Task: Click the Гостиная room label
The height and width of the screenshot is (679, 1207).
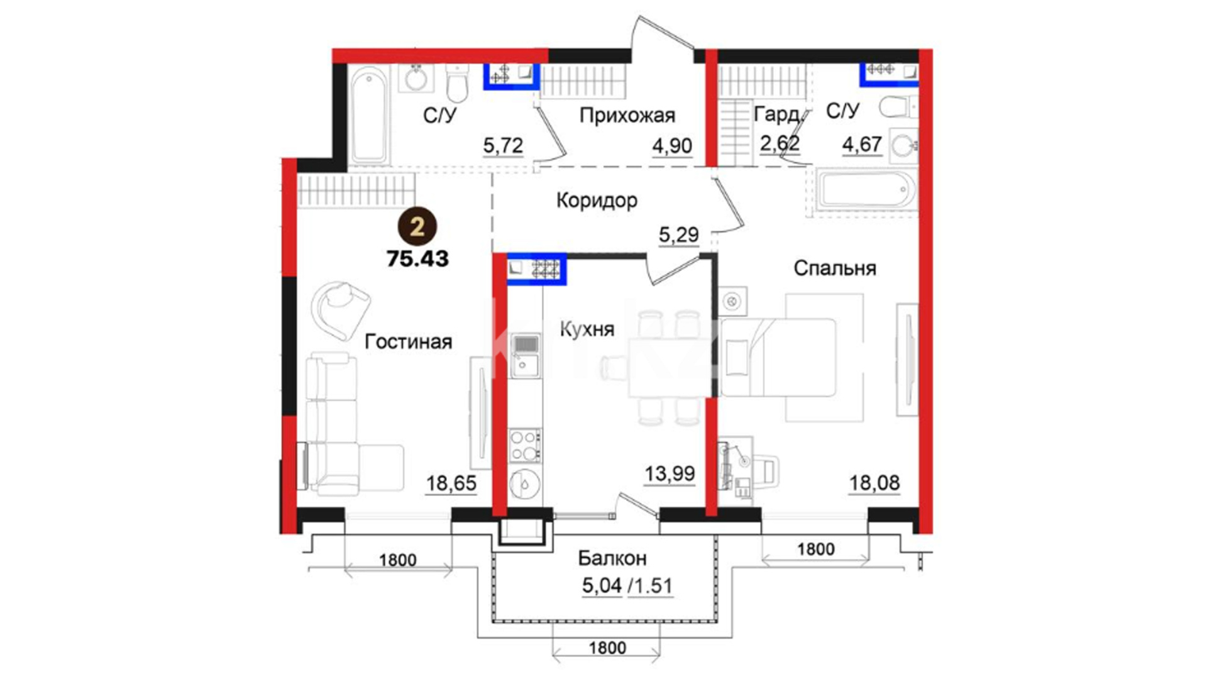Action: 409,341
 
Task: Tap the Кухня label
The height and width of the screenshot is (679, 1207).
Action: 587,329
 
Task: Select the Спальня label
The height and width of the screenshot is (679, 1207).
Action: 835,268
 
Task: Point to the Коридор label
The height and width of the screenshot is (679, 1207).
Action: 597,201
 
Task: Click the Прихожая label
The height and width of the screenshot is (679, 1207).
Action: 627,116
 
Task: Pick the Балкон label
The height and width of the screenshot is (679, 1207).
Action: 612,558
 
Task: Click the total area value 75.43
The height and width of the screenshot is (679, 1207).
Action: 418,258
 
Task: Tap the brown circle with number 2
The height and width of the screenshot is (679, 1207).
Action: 417,226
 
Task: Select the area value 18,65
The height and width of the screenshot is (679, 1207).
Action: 451,483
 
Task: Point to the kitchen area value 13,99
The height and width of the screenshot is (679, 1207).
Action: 670,473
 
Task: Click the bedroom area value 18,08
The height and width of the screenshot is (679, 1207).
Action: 874,483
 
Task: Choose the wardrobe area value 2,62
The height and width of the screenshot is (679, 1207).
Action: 780,143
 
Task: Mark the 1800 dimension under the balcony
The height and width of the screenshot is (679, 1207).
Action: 607,648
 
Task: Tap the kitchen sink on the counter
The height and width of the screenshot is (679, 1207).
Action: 525,356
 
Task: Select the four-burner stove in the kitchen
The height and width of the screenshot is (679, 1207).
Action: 525,446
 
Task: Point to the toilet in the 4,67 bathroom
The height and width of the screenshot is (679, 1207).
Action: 898,107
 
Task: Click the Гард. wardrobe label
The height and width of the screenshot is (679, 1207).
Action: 778,114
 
